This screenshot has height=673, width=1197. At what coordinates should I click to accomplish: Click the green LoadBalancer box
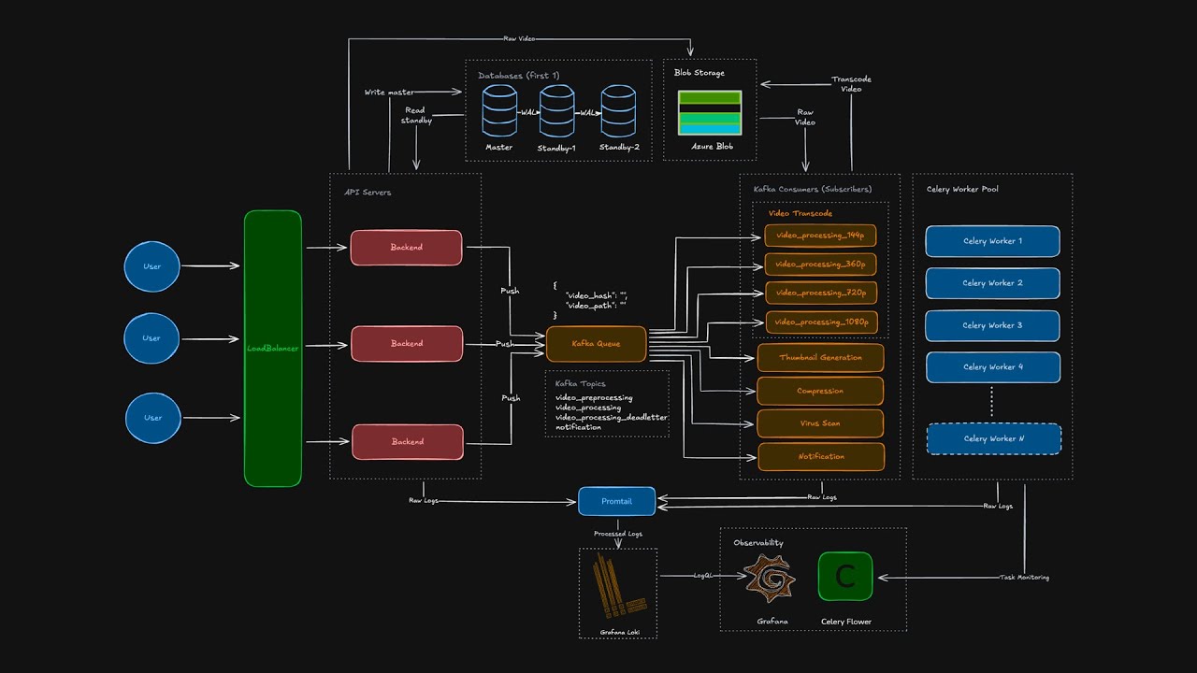[273, 348]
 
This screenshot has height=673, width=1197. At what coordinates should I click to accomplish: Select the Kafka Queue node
[596, 344]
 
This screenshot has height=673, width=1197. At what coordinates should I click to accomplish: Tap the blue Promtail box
[616, 501]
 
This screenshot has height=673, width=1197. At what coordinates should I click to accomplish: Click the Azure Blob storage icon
[710, 113]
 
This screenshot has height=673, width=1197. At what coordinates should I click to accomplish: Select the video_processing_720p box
[821, 293]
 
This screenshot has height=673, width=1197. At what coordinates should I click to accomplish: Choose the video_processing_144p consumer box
[820, 235]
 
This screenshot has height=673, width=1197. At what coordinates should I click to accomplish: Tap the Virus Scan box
[819, 423]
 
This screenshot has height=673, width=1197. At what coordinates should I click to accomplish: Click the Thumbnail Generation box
[820, 357]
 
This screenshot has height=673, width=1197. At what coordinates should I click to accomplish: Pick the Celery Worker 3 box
[992, 325]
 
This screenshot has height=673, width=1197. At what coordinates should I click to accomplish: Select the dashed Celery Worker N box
[993, 438]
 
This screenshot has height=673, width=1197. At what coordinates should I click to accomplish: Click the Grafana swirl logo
[770, 577]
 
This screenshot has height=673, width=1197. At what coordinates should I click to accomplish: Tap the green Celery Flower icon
[845, 576]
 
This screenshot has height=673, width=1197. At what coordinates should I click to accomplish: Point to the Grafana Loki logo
[618, 588]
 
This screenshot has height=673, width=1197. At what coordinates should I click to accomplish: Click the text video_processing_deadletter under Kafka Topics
[612, 417]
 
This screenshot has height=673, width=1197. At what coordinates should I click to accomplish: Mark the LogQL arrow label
[704, 576]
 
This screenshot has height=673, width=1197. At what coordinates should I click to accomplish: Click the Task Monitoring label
[1024, 578]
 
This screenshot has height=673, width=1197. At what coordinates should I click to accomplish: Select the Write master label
[389, 93]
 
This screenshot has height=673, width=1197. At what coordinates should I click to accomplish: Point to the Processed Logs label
[617, 534]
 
